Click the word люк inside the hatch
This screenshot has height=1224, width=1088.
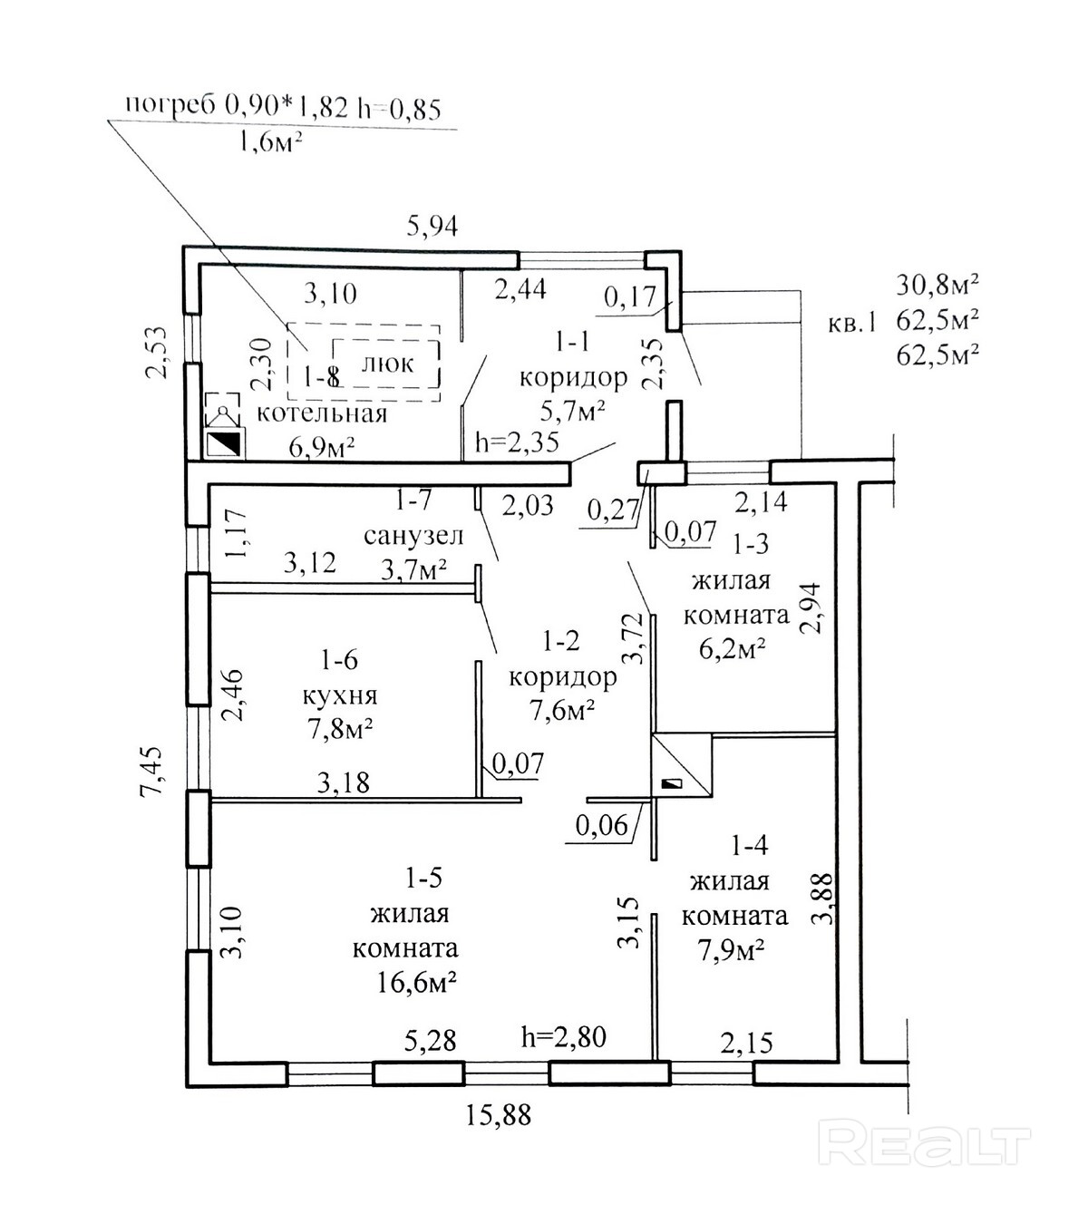[387, 364]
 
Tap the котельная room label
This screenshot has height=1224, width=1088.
[322, 414]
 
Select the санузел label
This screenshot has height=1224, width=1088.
[413, 536]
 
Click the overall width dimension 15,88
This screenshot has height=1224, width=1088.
[499, 1114]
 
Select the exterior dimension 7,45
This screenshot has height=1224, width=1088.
[153, 771]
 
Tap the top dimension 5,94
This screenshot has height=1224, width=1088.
[432, 226]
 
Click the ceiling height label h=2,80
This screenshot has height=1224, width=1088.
[563, 1035]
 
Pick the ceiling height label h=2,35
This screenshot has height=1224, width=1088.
[517, 442]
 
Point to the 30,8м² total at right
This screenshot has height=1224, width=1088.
[937, 286]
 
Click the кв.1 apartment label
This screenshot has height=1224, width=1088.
[852, 322]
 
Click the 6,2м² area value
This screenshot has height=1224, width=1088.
[734, 649]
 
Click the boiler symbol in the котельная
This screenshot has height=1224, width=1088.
[223, 443]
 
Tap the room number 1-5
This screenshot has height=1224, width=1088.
[424, 878]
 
